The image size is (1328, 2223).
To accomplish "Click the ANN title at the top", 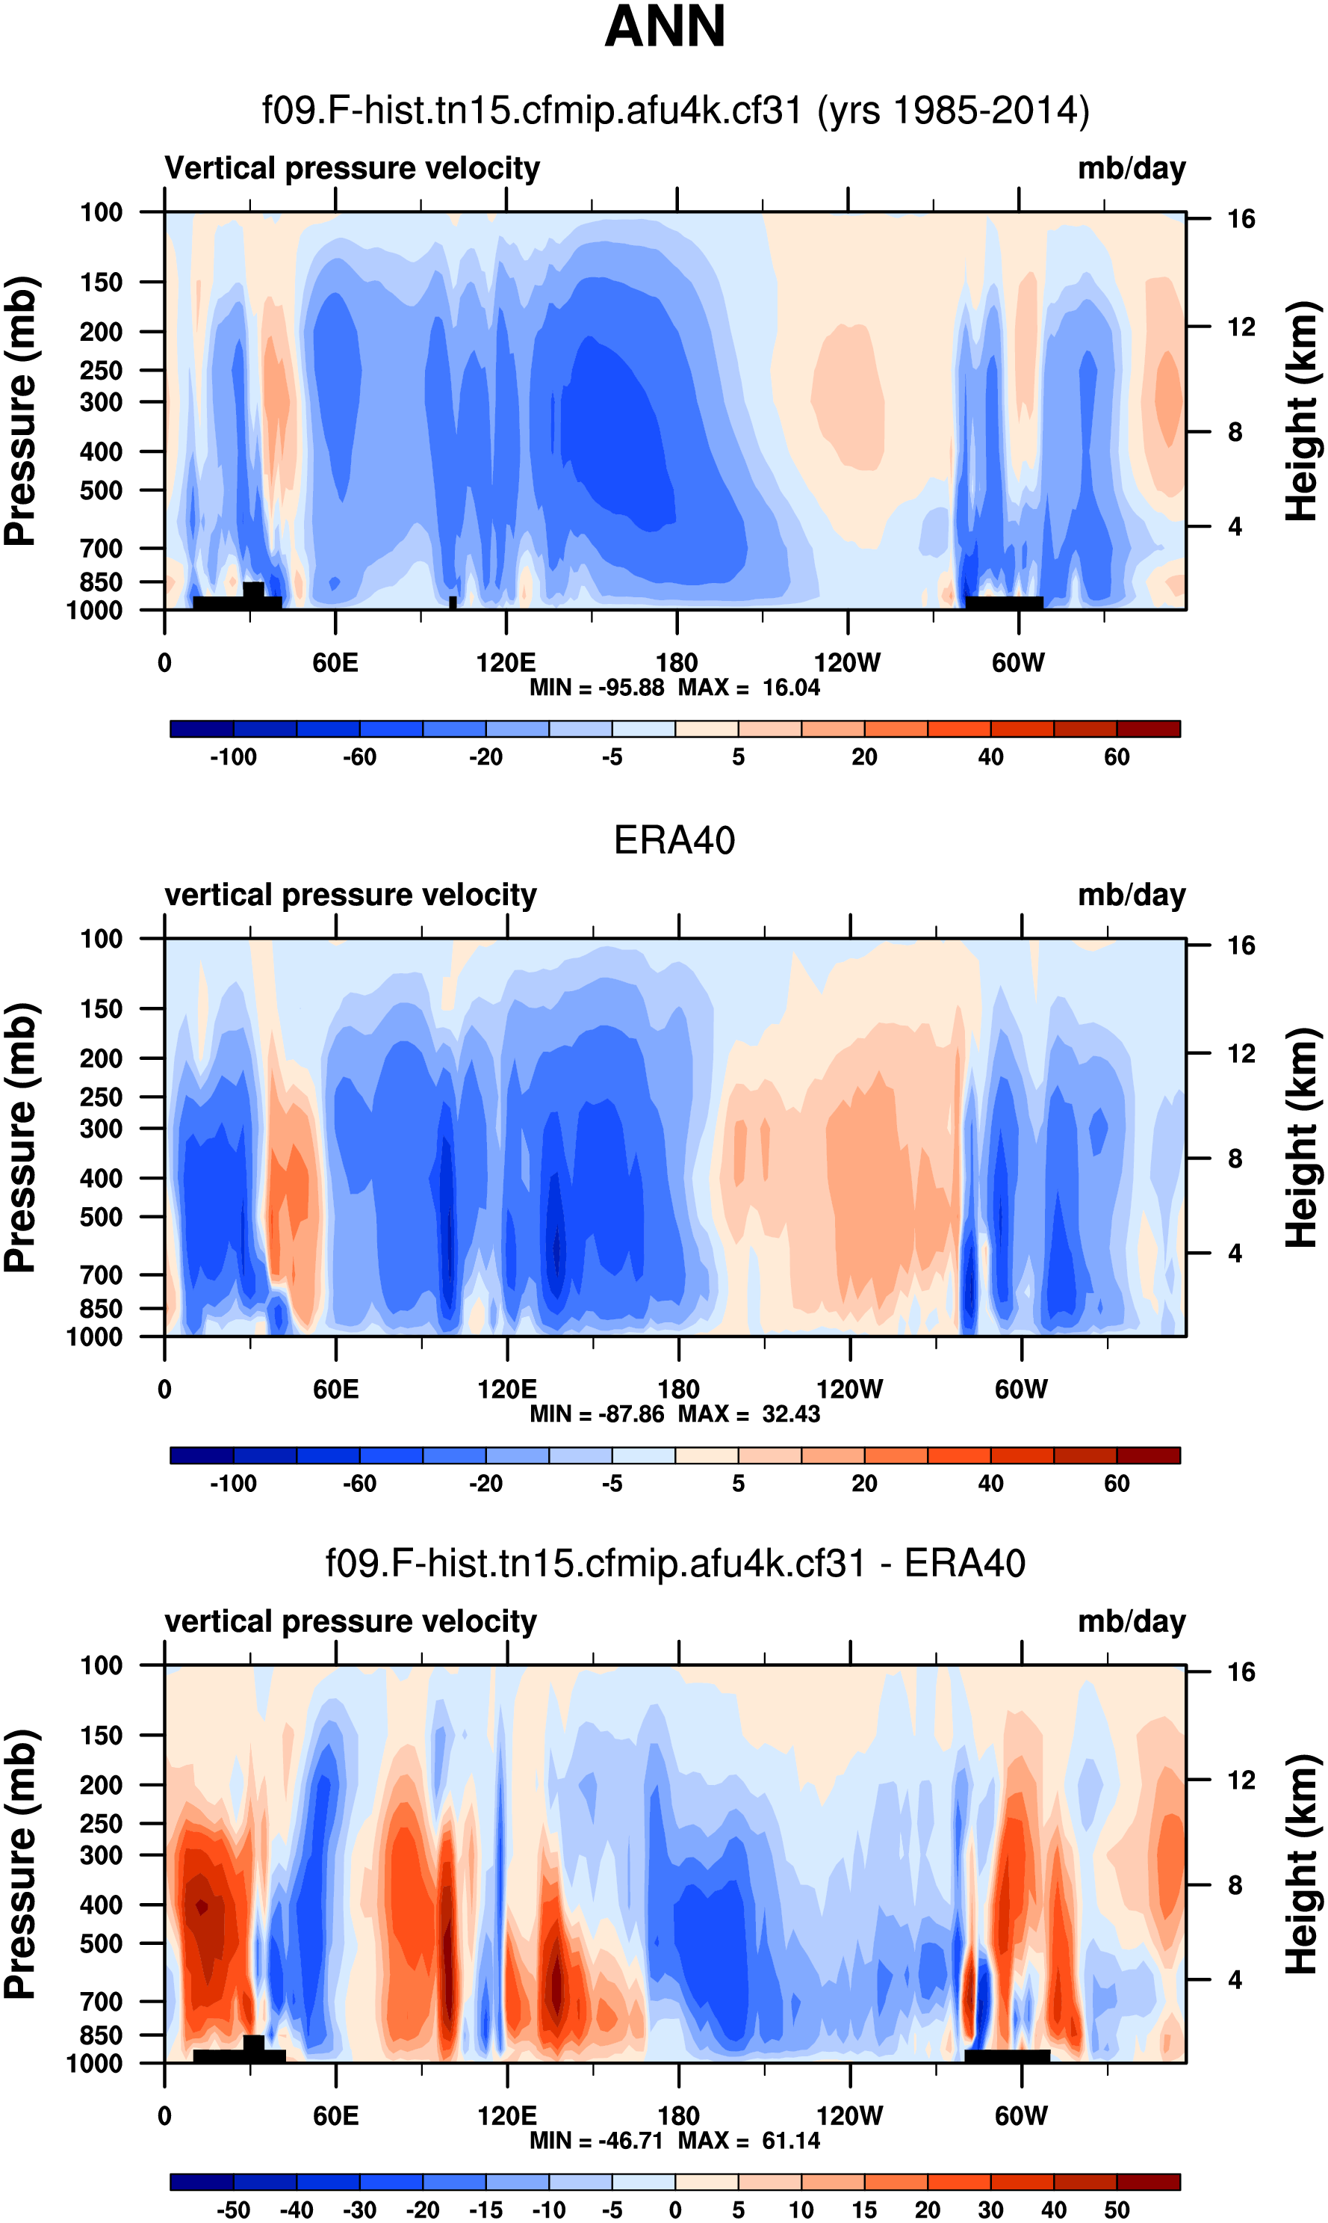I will point(664,27).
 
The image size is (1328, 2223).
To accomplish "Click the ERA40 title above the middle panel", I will point(674,841).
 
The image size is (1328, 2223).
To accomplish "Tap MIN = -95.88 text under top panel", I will point(597,688).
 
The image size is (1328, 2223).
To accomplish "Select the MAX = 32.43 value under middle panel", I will point(748,1413).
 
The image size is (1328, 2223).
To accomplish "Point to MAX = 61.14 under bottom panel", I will point(748,2140).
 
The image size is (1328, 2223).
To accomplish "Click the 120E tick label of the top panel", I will point(506,664).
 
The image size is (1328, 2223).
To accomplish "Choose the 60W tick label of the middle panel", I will point(1020,1390).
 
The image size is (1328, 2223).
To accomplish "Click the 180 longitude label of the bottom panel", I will point(677,2115).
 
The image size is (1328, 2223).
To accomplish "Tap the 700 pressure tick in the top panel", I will point(101,548).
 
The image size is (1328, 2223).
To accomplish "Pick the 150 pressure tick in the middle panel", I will point(101,1009).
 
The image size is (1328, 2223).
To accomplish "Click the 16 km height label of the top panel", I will point(1241,219).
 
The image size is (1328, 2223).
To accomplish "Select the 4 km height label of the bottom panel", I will point(1235,1979).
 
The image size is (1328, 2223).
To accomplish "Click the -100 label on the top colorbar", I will point(233,757).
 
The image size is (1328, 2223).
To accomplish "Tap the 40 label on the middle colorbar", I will point(990,1484).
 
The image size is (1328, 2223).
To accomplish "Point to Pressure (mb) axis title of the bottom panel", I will point(19,1864).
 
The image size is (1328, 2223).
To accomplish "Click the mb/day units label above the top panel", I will point(1131,168).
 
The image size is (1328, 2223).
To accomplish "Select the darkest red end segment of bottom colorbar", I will point(1148,2182).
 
